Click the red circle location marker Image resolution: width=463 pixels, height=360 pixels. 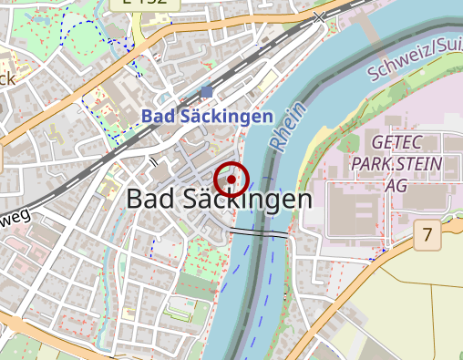click(x=232, y=179)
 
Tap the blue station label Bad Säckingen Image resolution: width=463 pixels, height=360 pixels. click(x=208, y=117)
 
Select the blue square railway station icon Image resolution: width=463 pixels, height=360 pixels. click(x=207, y=91)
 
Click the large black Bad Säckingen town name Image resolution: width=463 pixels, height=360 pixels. click(x=219, y=199)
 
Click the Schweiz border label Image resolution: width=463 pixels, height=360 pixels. click(x=416, y=57)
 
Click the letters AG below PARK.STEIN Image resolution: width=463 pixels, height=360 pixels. click(x=396, y=185)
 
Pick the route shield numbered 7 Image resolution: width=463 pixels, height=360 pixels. click(x=427, y=235)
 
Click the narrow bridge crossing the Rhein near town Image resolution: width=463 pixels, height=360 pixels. click(x=259, y=233)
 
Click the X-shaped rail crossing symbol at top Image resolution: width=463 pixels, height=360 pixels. click(x=319, y=16)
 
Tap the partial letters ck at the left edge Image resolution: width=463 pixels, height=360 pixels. click(x=7, y=78)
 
